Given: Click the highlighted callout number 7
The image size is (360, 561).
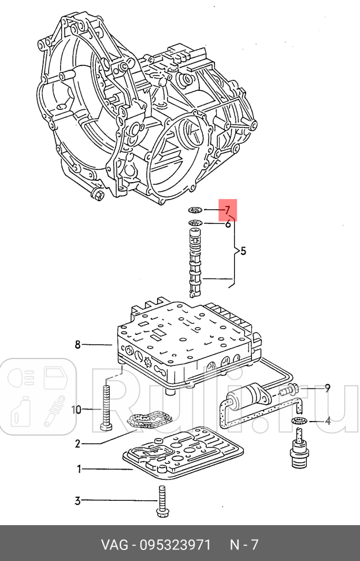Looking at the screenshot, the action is coord(228,210).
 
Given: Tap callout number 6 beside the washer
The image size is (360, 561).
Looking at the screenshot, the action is coord(228,224).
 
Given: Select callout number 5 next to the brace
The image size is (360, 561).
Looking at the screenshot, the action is coord(243,251).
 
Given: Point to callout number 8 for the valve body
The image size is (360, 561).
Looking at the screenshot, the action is coord(78,345).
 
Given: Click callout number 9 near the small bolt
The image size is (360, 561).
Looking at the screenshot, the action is coord(327,388).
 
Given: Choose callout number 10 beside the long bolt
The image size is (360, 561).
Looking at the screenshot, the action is coord(77,409).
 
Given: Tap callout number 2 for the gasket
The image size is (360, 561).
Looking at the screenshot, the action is coord(78,444).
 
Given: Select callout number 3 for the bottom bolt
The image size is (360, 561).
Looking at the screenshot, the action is coord(77,500).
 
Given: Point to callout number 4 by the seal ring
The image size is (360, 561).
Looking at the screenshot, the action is coord(328,421).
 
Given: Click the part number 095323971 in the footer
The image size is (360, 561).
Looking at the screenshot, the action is coord(176,545).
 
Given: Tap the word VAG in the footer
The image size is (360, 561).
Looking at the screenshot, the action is coord(114,545).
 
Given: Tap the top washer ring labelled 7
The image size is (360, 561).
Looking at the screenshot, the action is coord(195,209).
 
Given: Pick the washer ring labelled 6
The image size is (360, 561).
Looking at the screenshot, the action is coord(195,223).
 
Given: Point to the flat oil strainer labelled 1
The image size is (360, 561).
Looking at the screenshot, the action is coord(183,453).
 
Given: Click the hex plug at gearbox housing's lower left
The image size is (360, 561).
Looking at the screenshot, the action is coord(98,194).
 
